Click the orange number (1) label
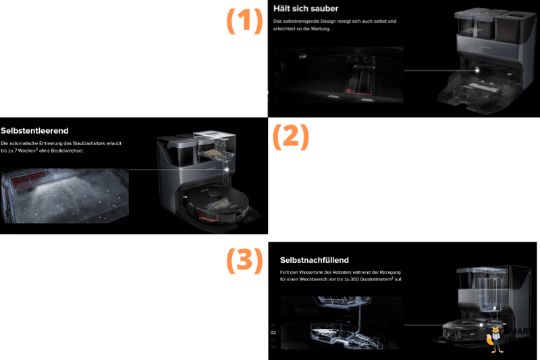pos(243,22)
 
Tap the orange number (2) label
pos(290,136)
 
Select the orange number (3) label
pos(243,260)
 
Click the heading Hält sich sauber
pos(306,9)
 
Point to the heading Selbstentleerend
pos(34,130)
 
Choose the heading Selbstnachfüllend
pos(314,260)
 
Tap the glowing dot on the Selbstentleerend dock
pos(227,170)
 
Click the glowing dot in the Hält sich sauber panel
pos(477,69)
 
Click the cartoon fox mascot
pos(495,338)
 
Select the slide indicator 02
pos(273,332)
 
